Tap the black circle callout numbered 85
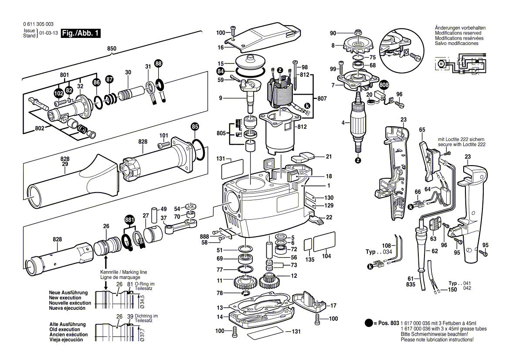(x=195, y=127)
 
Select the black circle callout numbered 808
(x=383, y=85)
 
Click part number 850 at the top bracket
(x=112, y=49)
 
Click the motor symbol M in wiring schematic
(x=441, y=64)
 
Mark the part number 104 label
(x=326, y=257)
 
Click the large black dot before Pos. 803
(x=369, y=323)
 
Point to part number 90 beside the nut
(x=333, y=34)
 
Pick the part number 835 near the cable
(x=410, y=284)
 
